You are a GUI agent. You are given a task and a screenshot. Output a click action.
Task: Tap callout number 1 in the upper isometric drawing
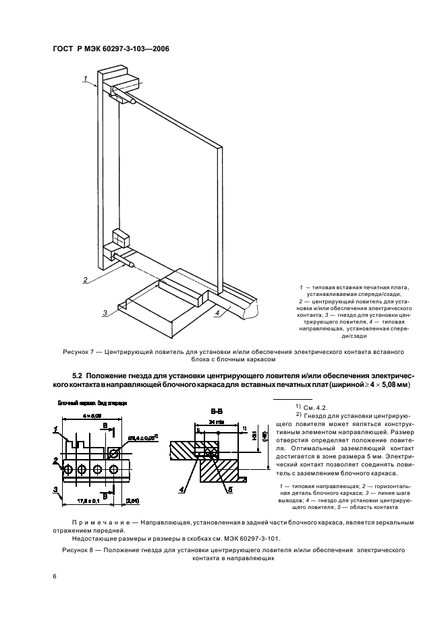click(86, 80)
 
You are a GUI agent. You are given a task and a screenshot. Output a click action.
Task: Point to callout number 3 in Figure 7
click(106, 312)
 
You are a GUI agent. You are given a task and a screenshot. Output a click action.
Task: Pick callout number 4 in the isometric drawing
click(217, 312)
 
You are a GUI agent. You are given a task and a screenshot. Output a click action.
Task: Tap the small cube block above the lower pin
click(121, 238)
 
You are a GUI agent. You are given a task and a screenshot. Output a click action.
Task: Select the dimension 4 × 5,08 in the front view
click(82, 416)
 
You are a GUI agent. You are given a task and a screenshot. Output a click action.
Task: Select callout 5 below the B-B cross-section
click(230, 491)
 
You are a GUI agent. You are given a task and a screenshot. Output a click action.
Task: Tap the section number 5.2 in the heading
click(79, 375)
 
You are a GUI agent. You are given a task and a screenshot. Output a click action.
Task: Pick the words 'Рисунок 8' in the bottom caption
click(69, 550)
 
